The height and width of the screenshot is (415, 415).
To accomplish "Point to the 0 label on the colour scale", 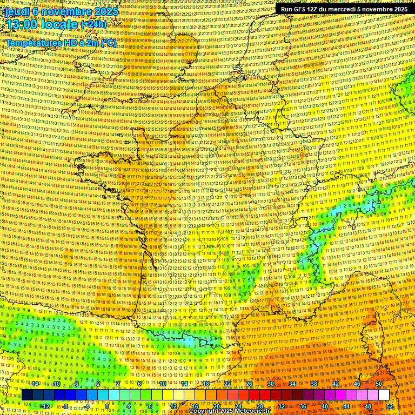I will click(x=108, y=406).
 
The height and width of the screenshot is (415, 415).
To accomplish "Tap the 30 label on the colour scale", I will click(x=271, y=384).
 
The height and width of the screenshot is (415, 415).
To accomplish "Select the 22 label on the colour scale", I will click(x=227, y=384).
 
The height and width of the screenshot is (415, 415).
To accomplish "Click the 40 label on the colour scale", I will click(x=325, y=406).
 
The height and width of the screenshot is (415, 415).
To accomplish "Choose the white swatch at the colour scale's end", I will click(x=384, y=395).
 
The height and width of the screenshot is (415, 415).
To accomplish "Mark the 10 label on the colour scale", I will click(x=162, y=384).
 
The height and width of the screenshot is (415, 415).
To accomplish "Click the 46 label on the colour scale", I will click(x=357, y=384).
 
